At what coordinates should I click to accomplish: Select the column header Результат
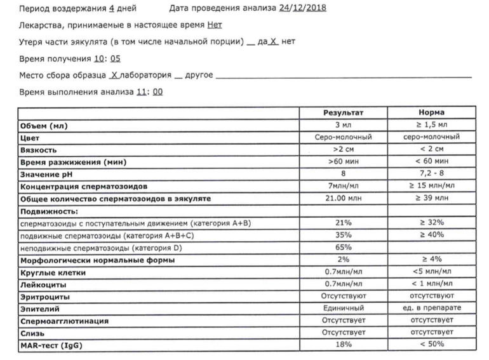[344, 112]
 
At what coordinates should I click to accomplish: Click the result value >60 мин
[344, 162]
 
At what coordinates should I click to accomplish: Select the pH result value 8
[344, 174]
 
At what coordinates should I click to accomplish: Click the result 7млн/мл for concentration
[344, 186]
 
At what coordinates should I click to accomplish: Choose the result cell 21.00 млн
[344, 199]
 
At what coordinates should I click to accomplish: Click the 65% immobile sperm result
[344, 247]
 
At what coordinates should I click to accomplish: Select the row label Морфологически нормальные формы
[97, 260]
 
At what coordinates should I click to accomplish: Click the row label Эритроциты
[45, 297]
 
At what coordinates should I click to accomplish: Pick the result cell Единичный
[344, 309]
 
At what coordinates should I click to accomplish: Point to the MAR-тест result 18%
[344, 345]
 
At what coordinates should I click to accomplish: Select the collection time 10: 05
[106, 58]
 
